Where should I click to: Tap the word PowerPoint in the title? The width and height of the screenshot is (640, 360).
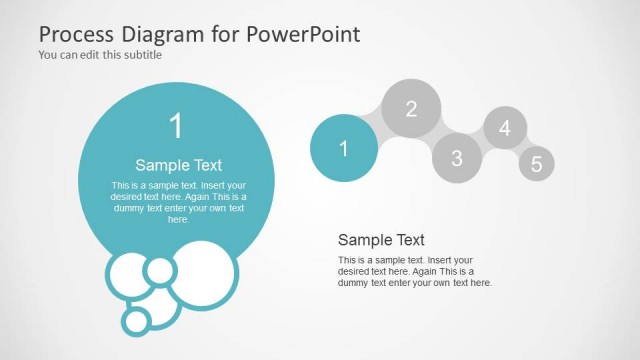point(304,34)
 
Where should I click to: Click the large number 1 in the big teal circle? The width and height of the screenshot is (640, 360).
point(177,126)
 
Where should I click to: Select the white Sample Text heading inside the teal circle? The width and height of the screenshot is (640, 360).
point(178,165)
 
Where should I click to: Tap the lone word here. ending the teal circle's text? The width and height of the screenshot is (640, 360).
point(178,219)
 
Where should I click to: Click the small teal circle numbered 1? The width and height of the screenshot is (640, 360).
point(344,148)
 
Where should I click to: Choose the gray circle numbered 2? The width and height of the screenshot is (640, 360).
point(411,109)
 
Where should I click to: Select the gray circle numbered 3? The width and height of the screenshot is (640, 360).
point(457,157)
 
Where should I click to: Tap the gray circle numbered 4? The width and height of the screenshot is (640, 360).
point(505,128)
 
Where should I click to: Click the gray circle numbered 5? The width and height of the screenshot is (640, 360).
point(536,164)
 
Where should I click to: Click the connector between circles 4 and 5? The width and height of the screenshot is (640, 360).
point(522,146)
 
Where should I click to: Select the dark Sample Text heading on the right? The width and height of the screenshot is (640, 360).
point(381,240)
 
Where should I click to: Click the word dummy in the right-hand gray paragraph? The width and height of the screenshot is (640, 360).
point(354,283)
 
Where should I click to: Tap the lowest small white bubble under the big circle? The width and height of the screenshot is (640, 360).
point(137,320)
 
